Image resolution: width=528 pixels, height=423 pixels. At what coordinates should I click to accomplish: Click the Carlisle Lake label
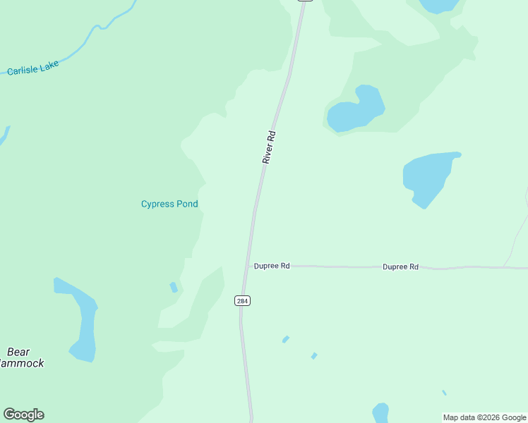coord(32,68)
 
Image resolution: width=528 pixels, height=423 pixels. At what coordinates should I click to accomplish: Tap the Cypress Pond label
coord(169,204)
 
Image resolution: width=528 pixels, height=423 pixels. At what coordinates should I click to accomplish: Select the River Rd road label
coord(269,147)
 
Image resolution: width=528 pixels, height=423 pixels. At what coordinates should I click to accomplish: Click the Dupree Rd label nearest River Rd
coord(272,266)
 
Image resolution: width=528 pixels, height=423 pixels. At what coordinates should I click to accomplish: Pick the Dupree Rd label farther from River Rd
coord(400,267)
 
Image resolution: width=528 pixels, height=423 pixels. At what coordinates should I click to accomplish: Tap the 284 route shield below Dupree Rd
coord(242,301)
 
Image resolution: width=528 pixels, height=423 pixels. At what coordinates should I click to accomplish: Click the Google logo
coord(23,415)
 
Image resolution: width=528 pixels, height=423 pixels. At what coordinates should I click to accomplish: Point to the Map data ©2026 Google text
coord(484,417)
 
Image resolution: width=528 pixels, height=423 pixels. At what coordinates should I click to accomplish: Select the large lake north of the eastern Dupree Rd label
coord(428,177)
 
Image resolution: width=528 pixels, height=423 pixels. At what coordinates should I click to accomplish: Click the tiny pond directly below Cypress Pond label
coord(174,287)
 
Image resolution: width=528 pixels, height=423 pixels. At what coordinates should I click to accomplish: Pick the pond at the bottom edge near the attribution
coord(380,412)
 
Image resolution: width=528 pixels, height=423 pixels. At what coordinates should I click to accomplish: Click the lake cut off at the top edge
coord(439,6)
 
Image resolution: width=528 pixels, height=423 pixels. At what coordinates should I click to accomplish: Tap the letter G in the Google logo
coord(10,415)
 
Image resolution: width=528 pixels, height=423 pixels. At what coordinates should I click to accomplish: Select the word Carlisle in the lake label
coord(23,70)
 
